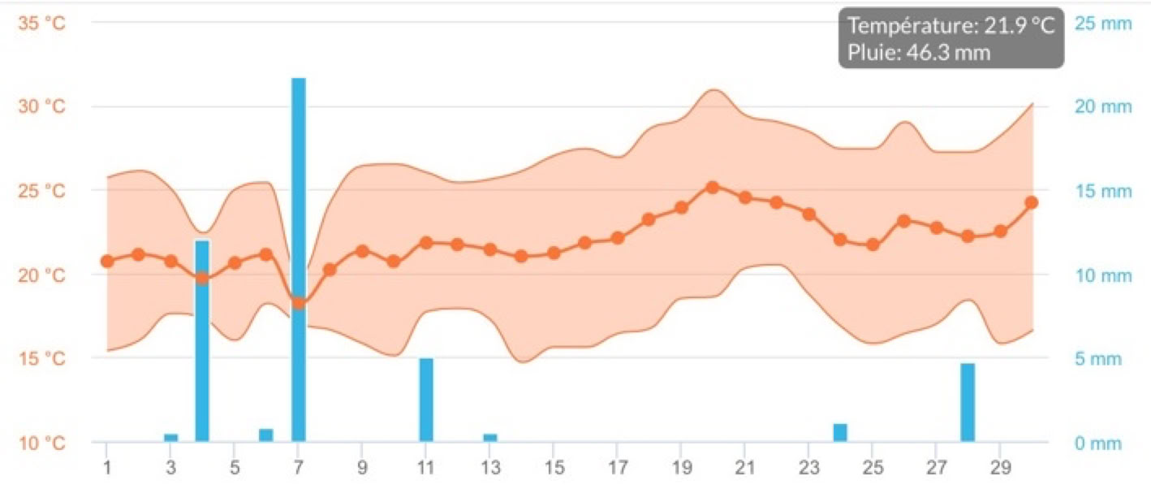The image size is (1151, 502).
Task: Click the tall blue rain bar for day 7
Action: [299, 260]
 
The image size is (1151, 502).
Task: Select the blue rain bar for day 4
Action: [202, 341]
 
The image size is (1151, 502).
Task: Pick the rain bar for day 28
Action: [968, 402]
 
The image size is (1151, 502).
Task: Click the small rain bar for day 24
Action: [840, 433]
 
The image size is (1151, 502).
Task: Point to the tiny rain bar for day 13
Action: [490, 438]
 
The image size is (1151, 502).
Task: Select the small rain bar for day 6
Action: [266, 435]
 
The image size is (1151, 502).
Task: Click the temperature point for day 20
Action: [713, 188]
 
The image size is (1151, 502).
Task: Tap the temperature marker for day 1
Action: [107, 261]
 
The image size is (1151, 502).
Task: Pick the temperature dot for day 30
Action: [1032, 202]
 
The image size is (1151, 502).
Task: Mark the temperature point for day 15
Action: [554, 253]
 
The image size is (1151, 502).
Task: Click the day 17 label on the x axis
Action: [617, 470]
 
